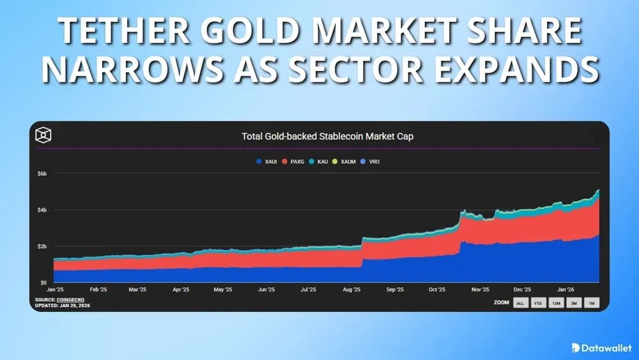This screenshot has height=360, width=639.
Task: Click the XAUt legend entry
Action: click(x=265, y=162)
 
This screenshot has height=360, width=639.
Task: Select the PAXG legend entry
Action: click(x=295, y=162)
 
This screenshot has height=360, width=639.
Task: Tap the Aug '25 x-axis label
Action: click(x=352, y=290)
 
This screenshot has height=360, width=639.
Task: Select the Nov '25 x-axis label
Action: click(x=481, y=290)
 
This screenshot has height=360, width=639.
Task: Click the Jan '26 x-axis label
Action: click(x=566, y=290)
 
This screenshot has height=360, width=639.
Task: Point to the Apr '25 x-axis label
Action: click(x=181, y=290)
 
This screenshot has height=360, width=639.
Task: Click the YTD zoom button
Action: click(x=538, y=303)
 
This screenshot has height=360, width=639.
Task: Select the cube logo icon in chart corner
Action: click(x=43, y=136)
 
